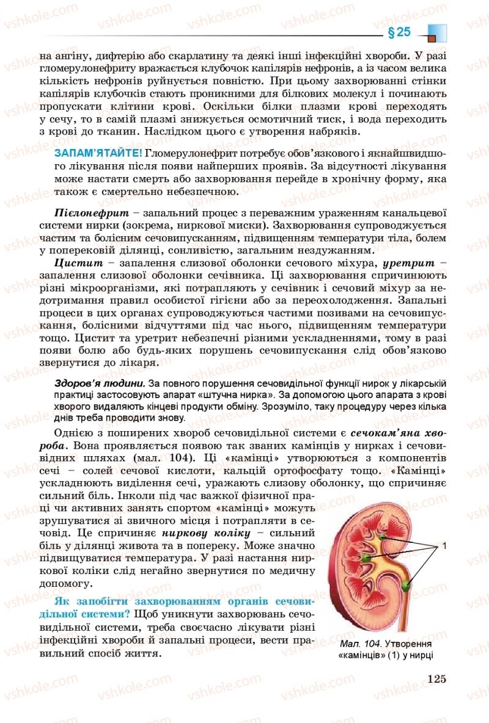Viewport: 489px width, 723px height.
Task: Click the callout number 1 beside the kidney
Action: point(444,545)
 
